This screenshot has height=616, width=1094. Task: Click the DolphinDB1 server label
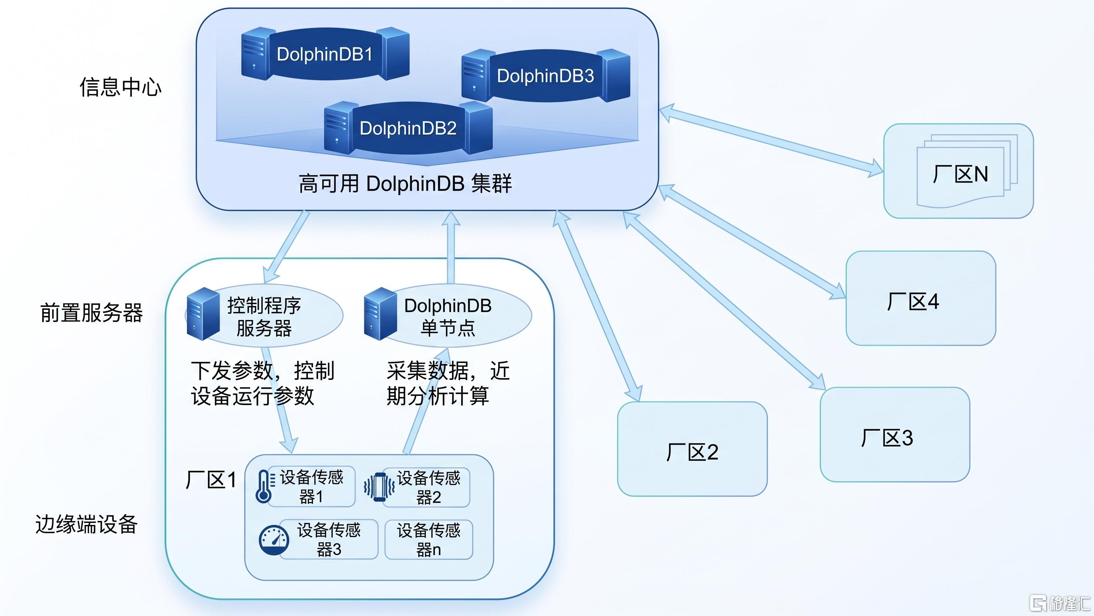point(325,54)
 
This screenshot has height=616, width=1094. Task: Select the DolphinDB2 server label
point(408,128)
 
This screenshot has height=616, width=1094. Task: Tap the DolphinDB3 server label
point(545,76)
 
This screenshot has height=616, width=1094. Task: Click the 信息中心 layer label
point(121,87)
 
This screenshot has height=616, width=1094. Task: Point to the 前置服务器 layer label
point(92,313)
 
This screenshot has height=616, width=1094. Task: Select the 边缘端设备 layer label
point(87,524)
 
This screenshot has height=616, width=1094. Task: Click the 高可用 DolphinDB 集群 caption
point(405,184)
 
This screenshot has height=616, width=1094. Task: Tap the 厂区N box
point(959,171)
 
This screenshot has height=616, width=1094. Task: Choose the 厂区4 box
point(921,298)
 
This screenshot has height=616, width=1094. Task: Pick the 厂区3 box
point(895,434)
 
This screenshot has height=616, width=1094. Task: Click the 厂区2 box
point(692,449)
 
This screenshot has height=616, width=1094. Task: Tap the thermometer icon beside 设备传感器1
point(264,486)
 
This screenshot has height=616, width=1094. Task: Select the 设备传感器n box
point(428,539)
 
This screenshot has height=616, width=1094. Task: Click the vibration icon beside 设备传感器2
point(379,487)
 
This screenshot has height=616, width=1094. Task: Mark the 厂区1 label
point(211,480)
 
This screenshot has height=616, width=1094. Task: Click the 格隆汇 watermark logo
point(1060,603)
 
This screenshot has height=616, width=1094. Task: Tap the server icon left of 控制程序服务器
point(203,314)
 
